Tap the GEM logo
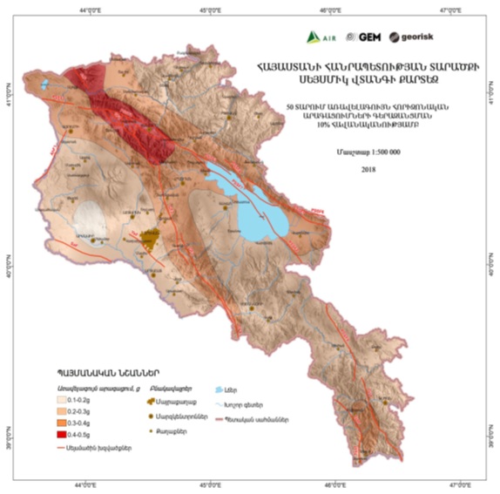(x=361, y=37)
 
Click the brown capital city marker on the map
(x=152, y=238)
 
